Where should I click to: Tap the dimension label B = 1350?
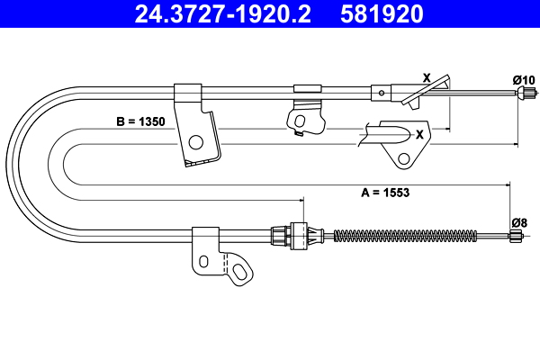tap(140, 119)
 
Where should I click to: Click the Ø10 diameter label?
tap(523, 80)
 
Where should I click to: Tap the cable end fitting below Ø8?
tap(517, 237)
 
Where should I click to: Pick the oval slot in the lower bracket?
tap(203, 261)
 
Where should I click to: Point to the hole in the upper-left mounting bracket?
tap(195, 140)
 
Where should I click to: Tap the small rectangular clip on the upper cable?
tap(308, 87)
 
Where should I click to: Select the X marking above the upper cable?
tap(427, 77)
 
